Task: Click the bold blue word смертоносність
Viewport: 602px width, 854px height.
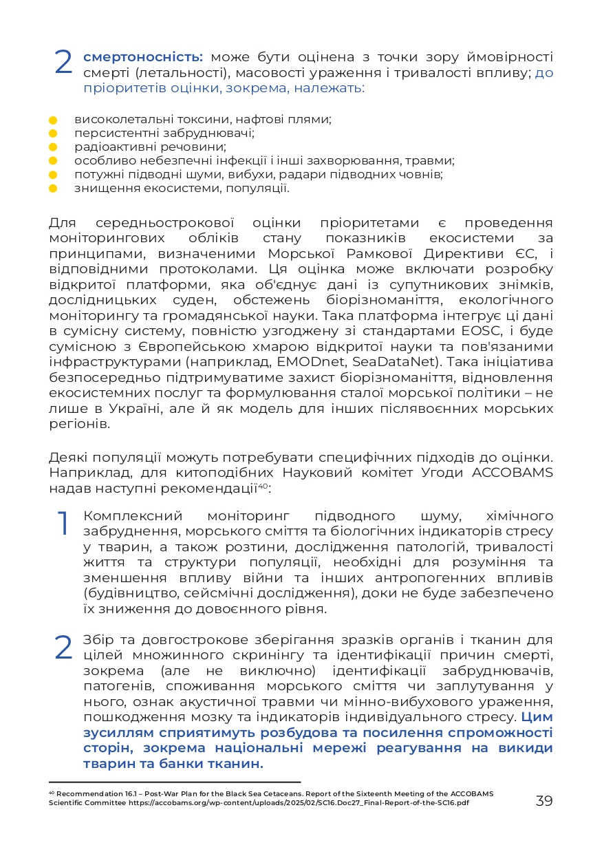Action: point(143,57)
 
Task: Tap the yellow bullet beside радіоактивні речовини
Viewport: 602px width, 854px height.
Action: point(52,147)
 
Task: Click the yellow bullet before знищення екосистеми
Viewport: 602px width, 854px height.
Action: point(52,188)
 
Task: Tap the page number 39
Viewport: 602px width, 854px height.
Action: point(544,801)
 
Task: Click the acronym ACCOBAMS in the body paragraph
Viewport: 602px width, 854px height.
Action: point(512,471)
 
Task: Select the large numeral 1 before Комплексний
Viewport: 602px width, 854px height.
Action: point(63,523)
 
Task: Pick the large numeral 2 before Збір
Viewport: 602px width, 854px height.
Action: point(63,647)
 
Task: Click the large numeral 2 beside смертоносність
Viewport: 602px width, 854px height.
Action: point(63,63)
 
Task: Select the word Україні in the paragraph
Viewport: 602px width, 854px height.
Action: point(129,408)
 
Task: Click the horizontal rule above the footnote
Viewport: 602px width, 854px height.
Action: point(175,782)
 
